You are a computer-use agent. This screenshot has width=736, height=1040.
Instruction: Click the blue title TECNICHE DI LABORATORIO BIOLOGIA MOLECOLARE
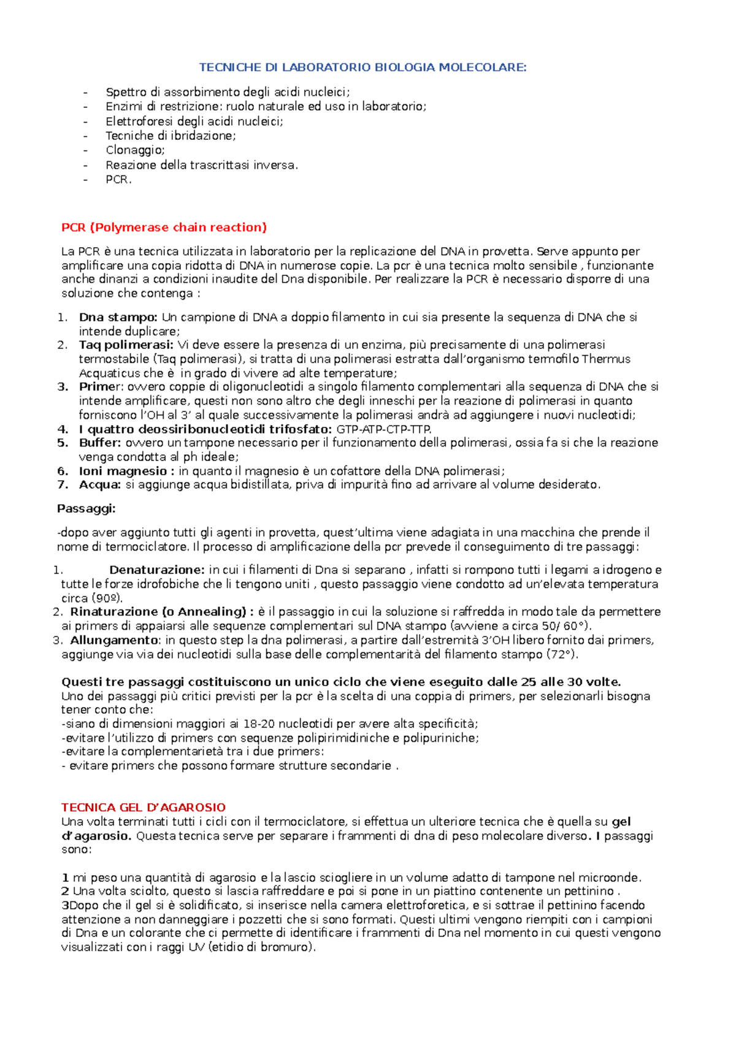(x=363, y=67)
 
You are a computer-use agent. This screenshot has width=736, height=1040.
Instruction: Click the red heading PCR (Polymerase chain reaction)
(x=164, y=227)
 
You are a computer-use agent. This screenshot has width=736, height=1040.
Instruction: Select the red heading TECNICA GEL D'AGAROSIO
(x=144, y=808)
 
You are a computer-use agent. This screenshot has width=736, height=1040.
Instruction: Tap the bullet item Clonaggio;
(x=135, y=150)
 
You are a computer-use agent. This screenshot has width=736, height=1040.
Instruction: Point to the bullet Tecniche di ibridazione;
(x=171, y=136)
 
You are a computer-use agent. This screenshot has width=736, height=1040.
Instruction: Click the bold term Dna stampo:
(x=118, y=318)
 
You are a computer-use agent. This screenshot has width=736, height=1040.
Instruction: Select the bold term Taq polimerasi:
(x=126, y=345)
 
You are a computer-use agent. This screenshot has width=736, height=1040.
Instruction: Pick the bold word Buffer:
(x=101, y=443)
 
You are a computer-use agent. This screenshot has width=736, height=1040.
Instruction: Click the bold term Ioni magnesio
(x=123, y=471)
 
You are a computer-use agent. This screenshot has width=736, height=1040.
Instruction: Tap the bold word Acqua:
(x=100, y=485)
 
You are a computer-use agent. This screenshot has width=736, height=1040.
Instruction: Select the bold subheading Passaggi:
(x=86, y=509)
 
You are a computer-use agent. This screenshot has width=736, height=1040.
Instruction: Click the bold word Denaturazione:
(x=156, y=570)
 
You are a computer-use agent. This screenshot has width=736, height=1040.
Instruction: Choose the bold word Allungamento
(x=114, y=640)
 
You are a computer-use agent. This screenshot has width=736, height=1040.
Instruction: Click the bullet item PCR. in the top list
(x=118, y=180)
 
